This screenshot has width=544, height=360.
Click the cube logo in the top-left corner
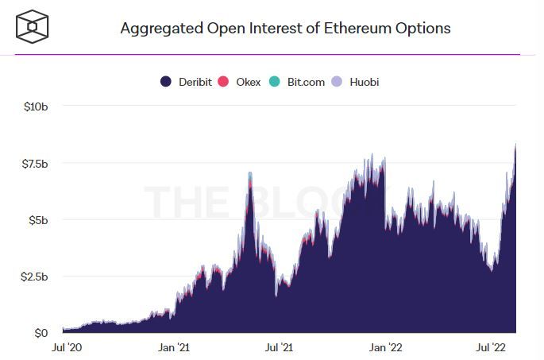pos(33,28)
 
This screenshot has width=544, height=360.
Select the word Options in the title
pos(425,29)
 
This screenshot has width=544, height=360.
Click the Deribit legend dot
pos(166,82)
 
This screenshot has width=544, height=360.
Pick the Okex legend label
pos(249,82)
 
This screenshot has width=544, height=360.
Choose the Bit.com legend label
pos(306,82)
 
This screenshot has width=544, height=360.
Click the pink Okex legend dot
pos(224,82)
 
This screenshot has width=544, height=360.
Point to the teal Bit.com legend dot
pos(274,82)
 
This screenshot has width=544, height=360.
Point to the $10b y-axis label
pos(37,106)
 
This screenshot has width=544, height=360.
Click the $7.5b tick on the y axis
pos(34,164)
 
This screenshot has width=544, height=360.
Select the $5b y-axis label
pos(38,220)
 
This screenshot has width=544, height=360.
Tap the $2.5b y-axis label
pos(34,277)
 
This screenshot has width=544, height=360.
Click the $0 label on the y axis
pos(42,333)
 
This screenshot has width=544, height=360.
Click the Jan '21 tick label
pos(173,347)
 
